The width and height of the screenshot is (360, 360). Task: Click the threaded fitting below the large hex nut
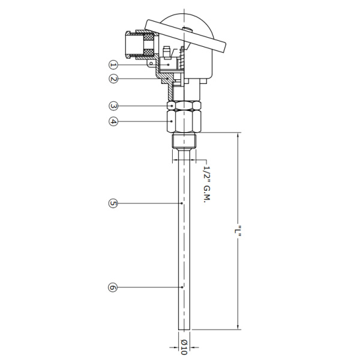click(184, 142)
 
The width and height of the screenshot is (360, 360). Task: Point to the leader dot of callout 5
click(182, 203)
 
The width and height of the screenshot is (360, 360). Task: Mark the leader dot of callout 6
click(182, 287)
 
